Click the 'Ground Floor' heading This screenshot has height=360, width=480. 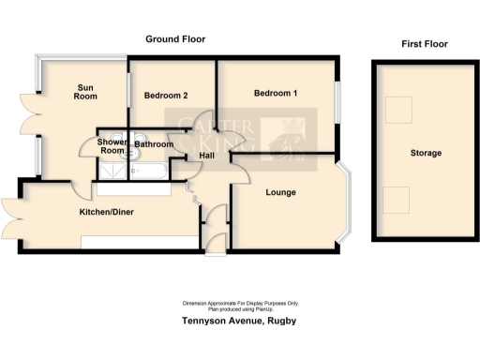tap(174, 39)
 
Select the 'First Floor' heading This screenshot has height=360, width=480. tap(424, 44)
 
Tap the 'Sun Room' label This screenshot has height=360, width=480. tap(86, 91)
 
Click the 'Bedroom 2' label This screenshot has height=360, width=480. tap(166, 96)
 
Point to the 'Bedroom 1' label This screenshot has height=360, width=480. tap(276, 94)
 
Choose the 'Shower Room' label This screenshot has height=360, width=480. tap(112, 146)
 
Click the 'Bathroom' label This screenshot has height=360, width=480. tap(154, 145)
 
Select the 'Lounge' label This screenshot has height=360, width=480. tap(280, 193)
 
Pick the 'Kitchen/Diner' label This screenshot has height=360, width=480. tap(106, 213)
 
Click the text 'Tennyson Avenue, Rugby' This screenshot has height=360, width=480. tap(239, 321)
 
